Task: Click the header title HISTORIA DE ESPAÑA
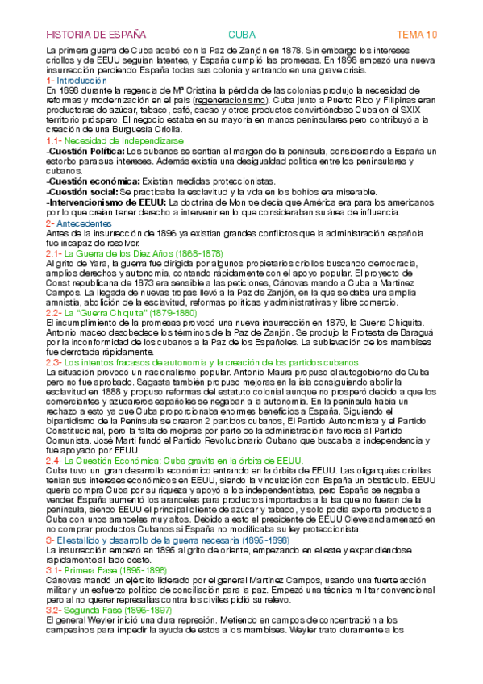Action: [x=96, y=35]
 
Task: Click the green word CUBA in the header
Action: [x=241, y=35]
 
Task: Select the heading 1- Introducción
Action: [x=77, y=81]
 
